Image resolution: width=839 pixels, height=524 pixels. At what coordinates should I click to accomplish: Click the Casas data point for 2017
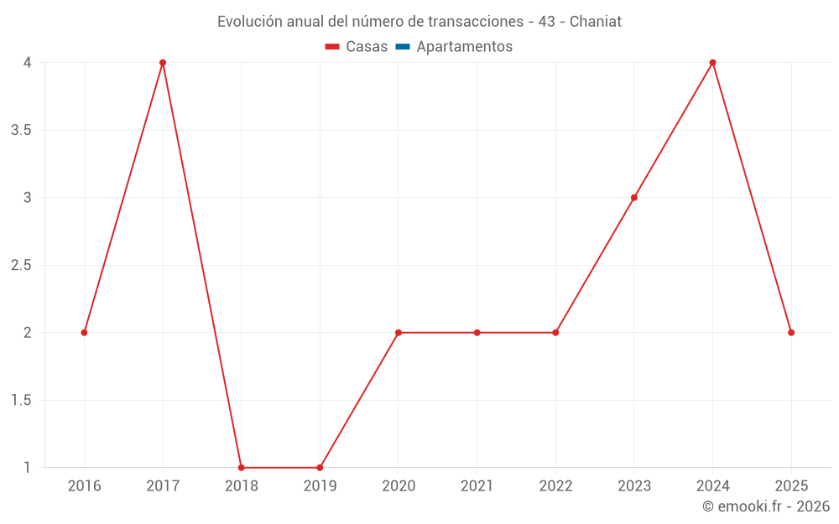point(163,63)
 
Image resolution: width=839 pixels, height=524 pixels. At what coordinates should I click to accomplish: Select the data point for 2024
point(712,63)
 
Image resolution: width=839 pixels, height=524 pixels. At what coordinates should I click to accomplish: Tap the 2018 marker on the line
point(241,467)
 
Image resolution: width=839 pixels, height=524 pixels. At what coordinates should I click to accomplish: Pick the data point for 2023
point(634,198)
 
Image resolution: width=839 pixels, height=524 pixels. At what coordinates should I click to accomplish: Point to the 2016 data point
point(84,333)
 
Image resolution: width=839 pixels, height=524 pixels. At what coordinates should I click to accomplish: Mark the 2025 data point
point(791,333)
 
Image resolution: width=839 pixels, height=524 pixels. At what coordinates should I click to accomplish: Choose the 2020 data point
point(399,333)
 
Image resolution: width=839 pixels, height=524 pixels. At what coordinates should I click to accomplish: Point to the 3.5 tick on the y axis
point(21,131)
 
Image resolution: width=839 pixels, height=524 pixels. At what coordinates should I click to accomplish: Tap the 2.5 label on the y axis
point(21,266)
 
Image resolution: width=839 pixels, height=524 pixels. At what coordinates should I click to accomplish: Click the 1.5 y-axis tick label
point(21,401)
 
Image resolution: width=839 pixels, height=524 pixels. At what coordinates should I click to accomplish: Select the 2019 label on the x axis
point(320,486)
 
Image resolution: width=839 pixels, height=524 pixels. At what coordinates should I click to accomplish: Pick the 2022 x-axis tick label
point(555,486)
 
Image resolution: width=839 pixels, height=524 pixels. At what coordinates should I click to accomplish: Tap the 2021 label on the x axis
point(477,486)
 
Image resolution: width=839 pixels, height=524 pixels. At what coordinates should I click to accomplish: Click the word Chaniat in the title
point(596,22)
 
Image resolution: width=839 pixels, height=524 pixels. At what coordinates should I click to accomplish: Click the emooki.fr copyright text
point(766,506)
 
